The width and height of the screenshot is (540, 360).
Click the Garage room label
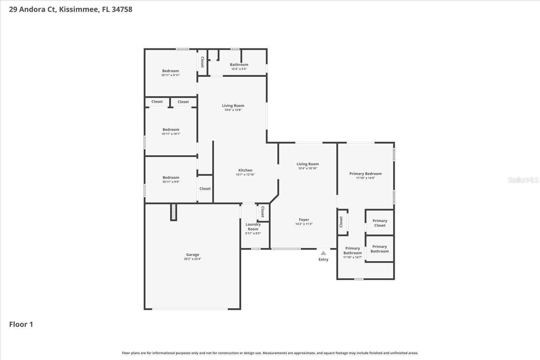192,255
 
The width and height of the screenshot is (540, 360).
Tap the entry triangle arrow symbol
323,253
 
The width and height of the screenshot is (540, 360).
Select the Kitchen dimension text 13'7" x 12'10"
245,175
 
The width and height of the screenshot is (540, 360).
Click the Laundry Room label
253,227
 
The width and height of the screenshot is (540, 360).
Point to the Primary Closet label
380,223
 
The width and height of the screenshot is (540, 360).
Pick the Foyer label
304,220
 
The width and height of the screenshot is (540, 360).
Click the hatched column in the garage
173,212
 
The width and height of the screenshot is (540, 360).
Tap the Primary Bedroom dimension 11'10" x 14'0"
366,178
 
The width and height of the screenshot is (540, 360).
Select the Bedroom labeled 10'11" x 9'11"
170,71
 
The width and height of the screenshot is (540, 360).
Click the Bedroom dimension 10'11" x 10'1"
171,134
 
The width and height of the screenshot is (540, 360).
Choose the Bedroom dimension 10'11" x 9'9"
171,182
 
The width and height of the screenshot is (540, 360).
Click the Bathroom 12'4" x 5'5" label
239,65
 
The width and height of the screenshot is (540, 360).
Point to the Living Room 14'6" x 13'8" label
233,106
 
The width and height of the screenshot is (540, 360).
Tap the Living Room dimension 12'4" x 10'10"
307,168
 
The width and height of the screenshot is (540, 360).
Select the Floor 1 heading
21,324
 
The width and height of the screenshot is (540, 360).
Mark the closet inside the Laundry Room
263,212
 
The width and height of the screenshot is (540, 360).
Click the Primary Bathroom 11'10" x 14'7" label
352,251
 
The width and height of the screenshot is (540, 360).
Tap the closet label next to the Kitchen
205,189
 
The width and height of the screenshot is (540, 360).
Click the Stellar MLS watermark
523,180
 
